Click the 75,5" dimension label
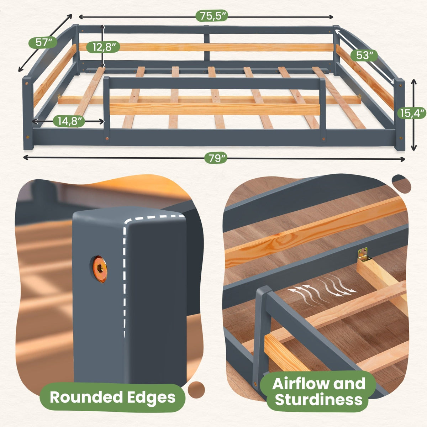[x=212, y=16]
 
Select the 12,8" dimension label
[x=104, y=47]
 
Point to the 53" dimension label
[x=364, y=56]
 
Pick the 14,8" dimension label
[x=69, y=121]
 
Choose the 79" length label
[x=216, y=158]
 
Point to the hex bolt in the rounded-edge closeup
[x=100, y=269]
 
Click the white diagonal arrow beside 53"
[x=364, y=57]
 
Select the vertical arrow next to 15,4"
[x=414, y=115]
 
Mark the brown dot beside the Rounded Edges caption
[x=196, y=390]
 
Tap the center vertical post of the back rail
[x=207, y=47]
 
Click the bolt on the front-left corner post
[x=27, y=137]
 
